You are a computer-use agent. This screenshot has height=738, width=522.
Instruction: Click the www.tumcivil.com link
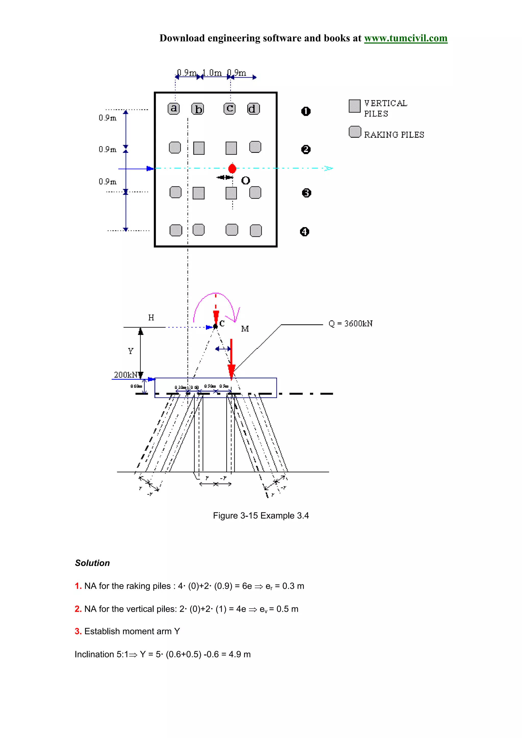coord(405,38)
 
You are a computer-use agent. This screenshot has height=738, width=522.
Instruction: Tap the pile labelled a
coord(174,108)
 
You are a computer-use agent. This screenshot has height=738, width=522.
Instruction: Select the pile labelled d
coord(253,109)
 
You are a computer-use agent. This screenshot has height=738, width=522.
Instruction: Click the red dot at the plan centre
coord(232,168)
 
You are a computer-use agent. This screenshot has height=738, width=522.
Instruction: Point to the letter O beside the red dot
coord(245,181)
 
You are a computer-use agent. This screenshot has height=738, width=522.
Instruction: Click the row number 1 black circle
coord(306,111)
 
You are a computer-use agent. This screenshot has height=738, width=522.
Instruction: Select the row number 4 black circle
coord(304,232)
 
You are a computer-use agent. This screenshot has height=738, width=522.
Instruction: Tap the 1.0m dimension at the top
coord(212,73)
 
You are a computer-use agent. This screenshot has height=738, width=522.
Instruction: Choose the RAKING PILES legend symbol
coord(355,132)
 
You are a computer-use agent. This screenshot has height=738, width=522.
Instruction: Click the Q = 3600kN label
coord(350,323)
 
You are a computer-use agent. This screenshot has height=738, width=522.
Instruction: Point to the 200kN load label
coord(125,375)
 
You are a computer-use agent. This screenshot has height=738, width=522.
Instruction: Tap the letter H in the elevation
coord(151,318)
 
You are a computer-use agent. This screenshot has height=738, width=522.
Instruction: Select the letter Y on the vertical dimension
coord(130,351)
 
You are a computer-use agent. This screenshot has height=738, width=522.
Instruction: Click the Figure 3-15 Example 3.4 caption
coord(260,516)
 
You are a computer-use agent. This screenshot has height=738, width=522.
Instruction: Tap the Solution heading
coord(92,563)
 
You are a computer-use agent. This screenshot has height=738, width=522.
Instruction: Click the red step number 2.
coord(77,609)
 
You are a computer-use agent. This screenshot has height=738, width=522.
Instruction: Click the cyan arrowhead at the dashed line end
coord(329,168)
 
